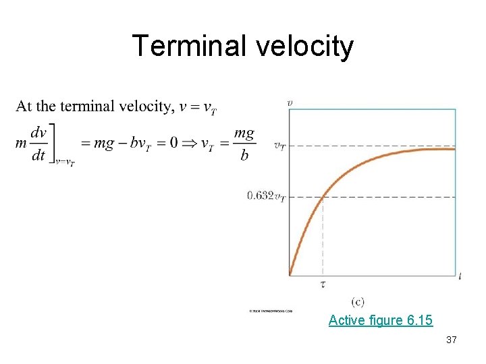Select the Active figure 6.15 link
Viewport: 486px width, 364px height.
pos(381,320)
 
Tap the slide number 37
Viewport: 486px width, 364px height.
pos(452,340)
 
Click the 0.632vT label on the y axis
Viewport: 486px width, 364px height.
pos(265,196)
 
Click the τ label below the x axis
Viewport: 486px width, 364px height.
pos(323,284)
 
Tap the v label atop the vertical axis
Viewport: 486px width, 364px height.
pos(290,102)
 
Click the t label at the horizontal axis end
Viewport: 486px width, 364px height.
pos(460,275)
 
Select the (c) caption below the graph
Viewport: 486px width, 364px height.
pos(358,302)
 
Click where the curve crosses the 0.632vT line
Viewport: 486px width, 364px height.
pos(323,196)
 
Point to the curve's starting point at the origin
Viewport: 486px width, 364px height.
pos(290,274)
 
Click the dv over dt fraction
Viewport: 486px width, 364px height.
pos(38,144)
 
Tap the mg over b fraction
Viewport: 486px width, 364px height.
pos(244,144)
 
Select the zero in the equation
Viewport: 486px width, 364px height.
pos(173,143)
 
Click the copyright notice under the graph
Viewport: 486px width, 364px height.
pos(270,311)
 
